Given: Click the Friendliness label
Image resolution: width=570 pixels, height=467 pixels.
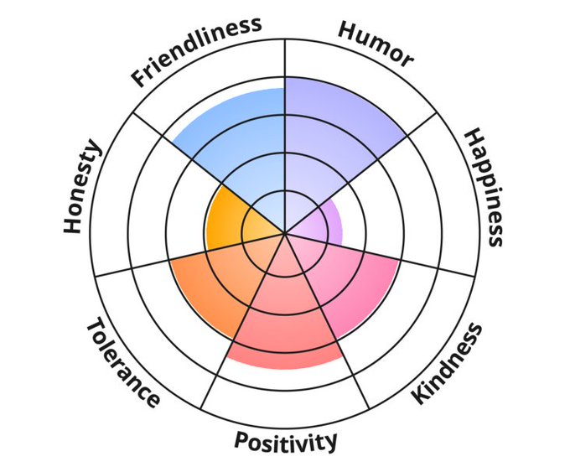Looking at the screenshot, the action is tap(196, 52).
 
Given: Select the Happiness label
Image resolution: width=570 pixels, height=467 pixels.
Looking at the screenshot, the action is tap(484, 187).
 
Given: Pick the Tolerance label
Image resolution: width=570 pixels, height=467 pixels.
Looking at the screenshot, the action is tap(122, 361).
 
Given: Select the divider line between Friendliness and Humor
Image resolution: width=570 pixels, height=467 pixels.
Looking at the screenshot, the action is tap(285, 59).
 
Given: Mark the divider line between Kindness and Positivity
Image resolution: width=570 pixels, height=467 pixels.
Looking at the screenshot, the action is tap(352, 369).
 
